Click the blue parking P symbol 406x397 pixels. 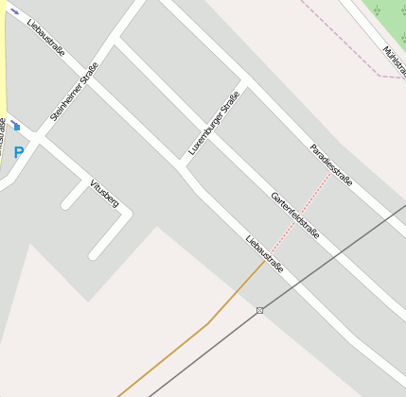tap(18, 152)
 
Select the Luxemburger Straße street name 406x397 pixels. tap(214, 123)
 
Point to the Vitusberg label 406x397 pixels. tap(104, 193)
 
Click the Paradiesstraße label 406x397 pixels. tap(331, 164)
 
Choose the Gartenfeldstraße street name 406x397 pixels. tap(294, 215)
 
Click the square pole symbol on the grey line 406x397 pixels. tap(259, 310)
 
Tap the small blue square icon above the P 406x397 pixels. tap(16, 127)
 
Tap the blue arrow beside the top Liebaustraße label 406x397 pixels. tap(13, 10)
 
